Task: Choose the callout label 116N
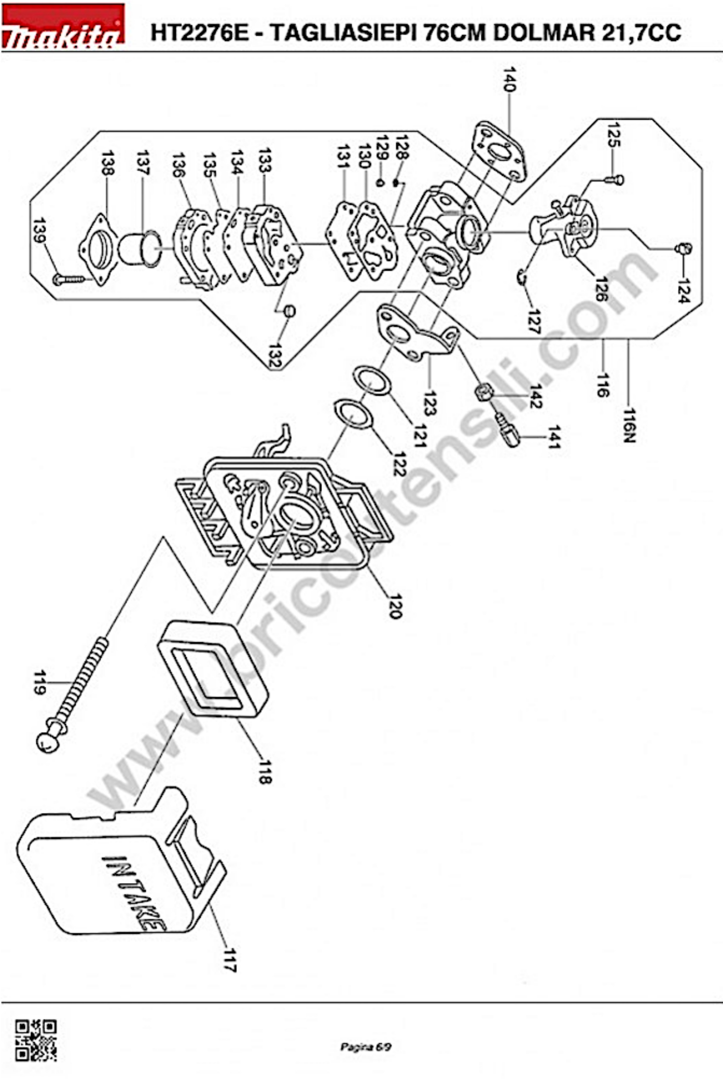630,424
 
